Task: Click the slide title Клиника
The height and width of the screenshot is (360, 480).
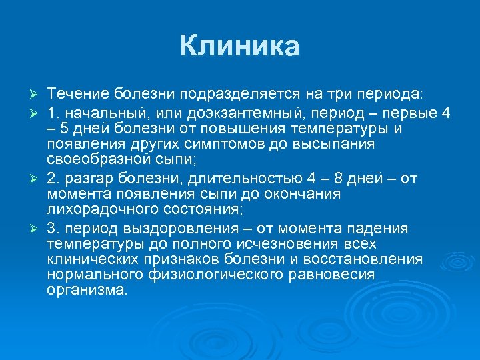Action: click(240, 47)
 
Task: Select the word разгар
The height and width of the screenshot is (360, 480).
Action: click(85, 177)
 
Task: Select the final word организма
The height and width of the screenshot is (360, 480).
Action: click(86, 291)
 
